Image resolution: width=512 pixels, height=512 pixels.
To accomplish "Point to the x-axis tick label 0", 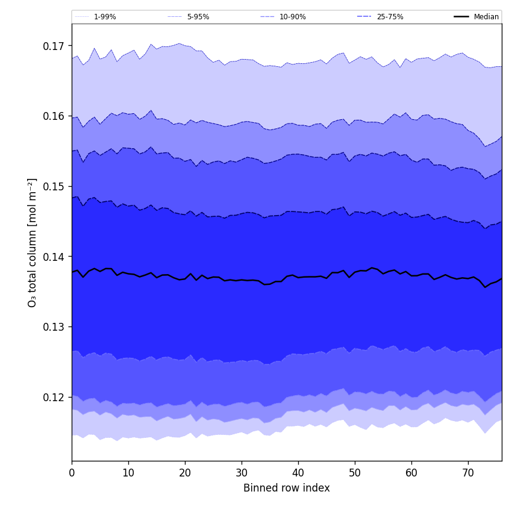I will click(72, 473).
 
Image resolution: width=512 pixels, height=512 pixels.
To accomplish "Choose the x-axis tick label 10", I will click(128, 473).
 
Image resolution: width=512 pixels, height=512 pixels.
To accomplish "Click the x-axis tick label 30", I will click(242, 473).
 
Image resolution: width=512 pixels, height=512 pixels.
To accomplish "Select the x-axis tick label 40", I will click(298, 473).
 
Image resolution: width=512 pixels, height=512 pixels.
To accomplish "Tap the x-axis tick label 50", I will click(355, 473).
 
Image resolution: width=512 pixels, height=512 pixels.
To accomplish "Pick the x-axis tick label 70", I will click(468, 473).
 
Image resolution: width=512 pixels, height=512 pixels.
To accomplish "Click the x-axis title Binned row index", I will click(287, 489).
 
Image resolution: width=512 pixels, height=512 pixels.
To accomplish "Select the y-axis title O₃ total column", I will click(33, 242).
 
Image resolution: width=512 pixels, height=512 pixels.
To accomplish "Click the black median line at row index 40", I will click(298, 277).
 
